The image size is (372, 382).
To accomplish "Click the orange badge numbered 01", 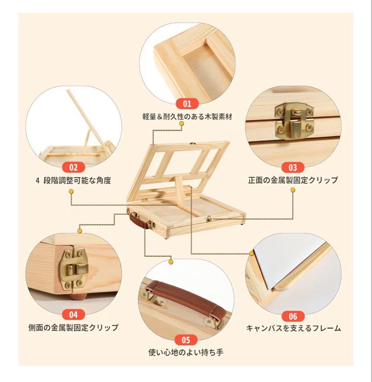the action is coord(187,104).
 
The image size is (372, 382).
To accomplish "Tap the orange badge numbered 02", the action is coord(73,167).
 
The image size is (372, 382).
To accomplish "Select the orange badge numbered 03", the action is coord(293,167).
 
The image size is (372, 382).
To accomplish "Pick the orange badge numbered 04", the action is coord(73,314).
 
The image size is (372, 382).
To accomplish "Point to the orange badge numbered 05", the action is coord(186,340).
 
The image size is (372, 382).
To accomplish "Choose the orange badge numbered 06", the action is coord(293,316).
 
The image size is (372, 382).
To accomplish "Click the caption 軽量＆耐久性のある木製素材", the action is coord(187,117).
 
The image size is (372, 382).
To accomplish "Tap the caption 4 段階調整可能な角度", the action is coord(73,180).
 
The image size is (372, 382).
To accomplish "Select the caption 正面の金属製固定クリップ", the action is coord(293,180).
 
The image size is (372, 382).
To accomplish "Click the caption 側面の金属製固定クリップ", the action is coord(73,328).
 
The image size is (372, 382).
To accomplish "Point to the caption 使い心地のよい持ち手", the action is coord(186,352).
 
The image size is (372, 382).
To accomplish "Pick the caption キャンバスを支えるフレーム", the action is coord(293,328).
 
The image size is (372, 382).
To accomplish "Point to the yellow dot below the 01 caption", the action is coord(181,124).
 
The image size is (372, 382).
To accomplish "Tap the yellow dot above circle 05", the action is coord(171,262).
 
